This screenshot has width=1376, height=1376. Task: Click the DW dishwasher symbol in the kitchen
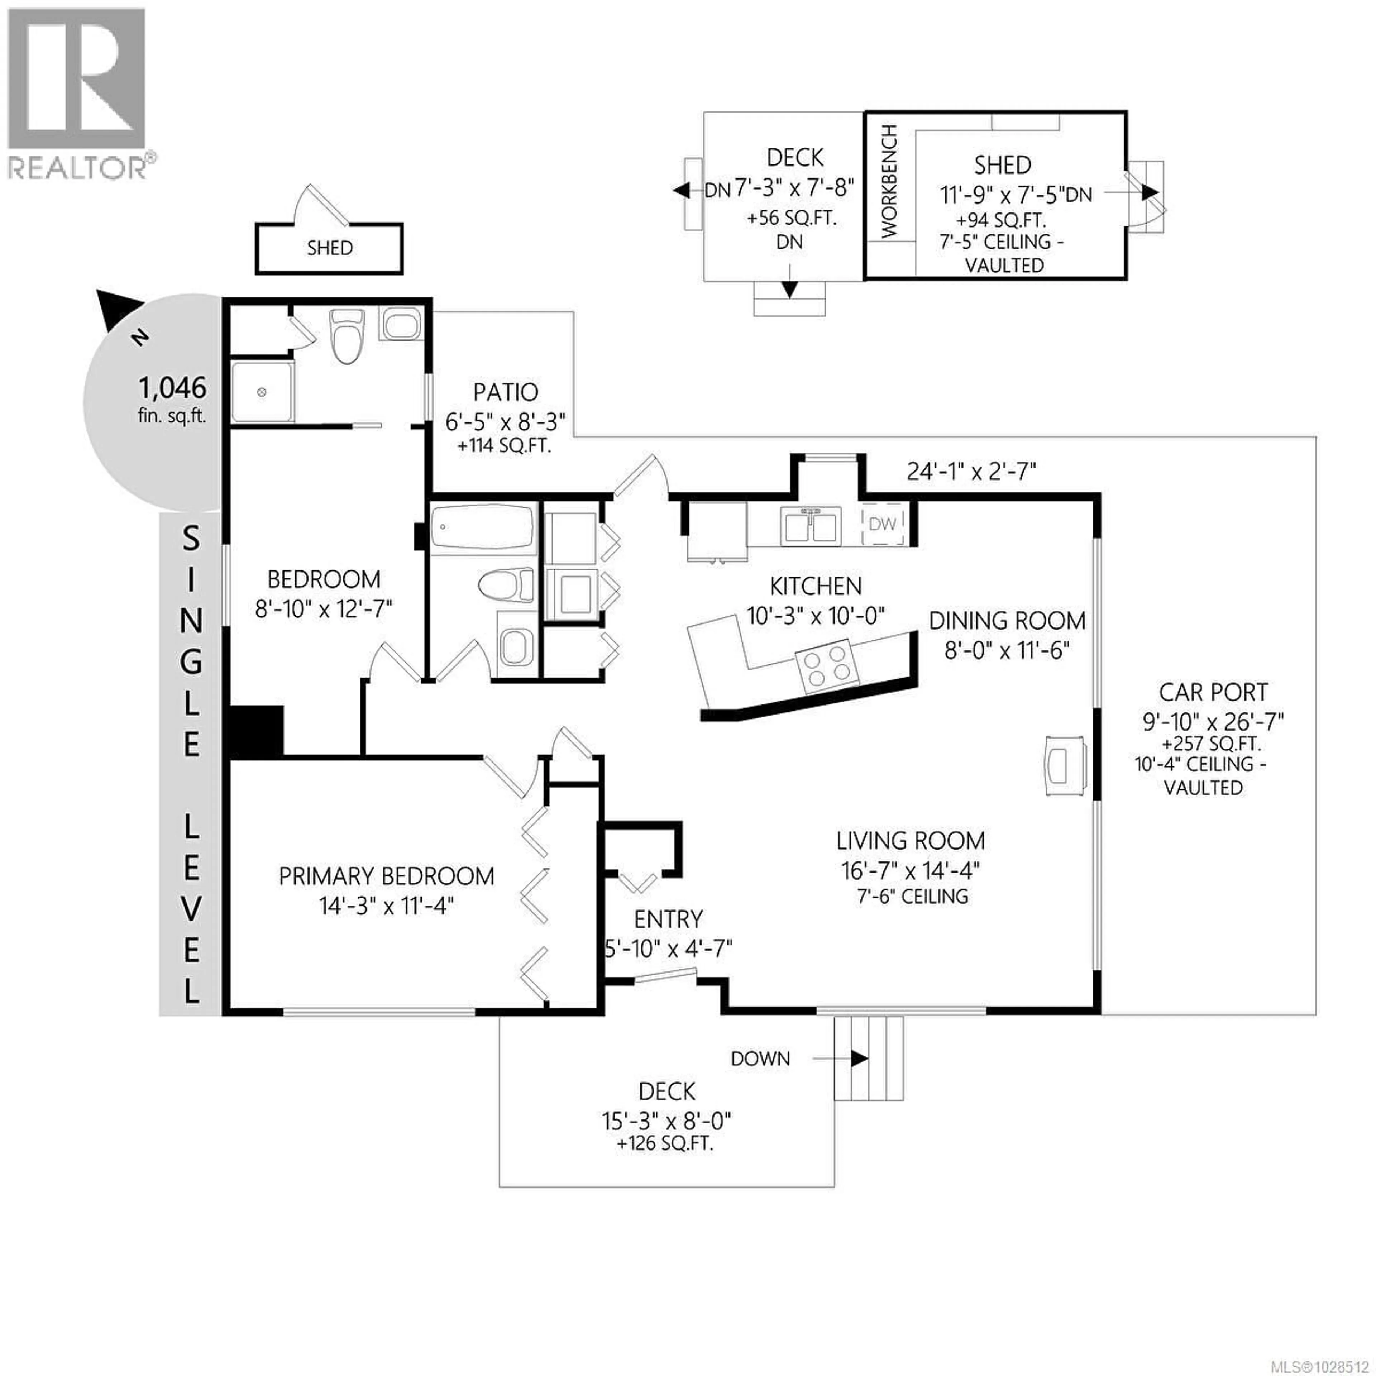point(883,524)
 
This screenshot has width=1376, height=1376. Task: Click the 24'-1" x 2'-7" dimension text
point(971,471)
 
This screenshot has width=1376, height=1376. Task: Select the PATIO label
point(506,392)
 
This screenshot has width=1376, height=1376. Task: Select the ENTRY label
point(668,919)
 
